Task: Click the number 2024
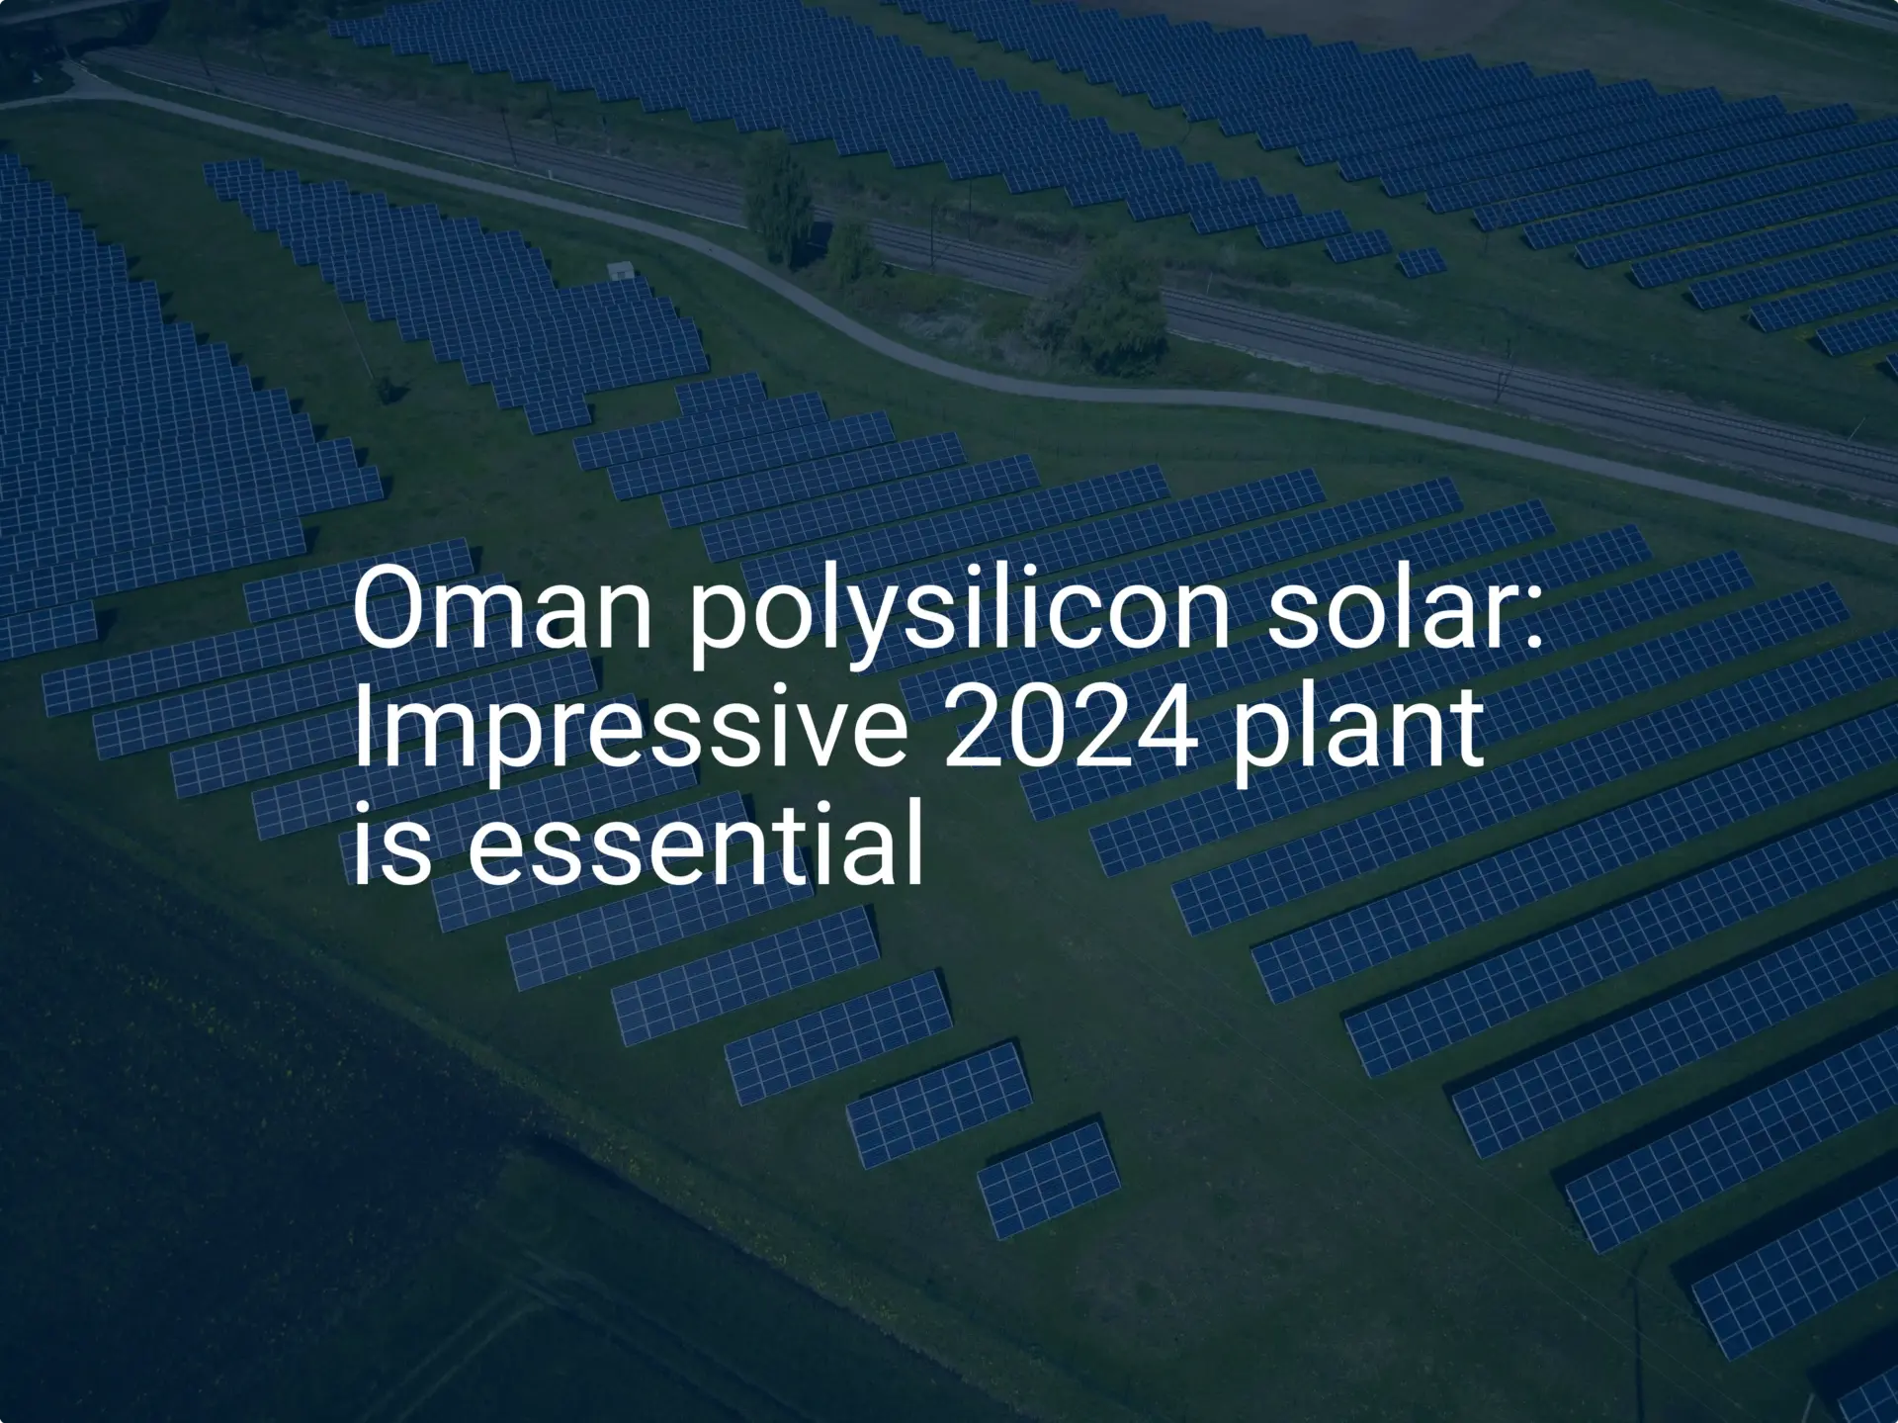pos(1071,728)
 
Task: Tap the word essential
pos(695,846)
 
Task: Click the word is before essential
pos(391,846)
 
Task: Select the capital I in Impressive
pos(361,728)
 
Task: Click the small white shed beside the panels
pos(620,269)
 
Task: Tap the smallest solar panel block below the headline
pos(1048,1179)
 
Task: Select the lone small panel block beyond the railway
pos(1421,262)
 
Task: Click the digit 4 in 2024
pos(1167,728)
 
